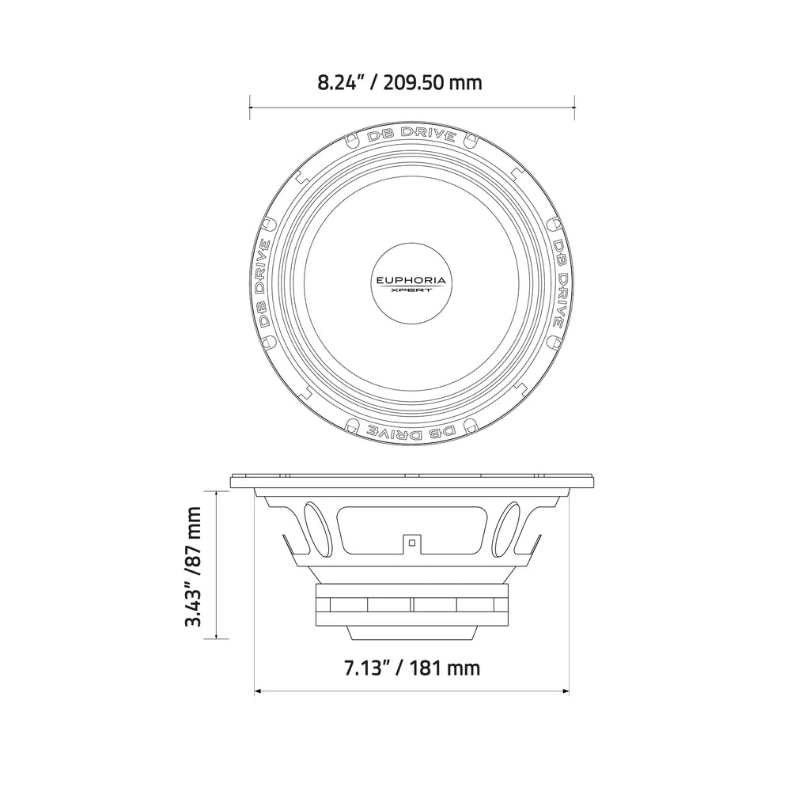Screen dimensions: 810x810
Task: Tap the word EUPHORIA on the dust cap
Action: click(411, 280)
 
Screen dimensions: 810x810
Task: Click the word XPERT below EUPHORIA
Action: click(411, 290)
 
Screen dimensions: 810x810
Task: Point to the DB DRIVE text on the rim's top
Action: click(411, 134)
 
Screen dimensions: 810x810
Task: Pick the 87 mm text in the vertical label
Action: click(193, 530)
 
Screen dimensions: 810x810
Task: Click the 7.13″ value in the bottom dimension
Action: click(365, 668)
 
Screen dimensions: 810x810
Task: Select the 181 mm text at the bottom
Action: click(446, 668)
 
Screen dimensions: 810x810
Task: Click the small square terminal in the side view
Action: click(411, 543)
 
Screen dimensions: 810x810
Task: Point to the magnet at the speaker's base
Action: click(411, 604)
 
